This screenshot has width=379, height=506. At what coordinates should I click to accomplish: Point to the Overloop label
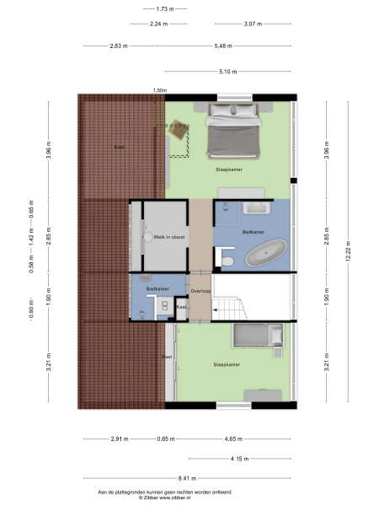200,291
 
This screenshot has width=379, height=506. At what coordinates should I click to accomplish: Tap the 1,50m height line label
159,90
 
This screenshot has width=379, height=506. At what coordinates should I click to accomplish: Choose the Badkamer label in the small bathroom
157,289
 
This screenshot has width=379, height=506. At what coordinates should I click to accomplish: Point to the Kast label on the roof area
120,147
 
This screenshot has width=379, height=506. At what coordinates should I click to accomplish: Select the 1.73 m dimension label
165,8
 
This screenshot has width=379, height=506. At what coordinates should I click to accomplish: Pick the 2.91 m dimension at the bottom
117,439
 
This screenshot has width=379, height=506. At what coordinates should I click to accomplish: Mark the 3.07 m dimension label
254,24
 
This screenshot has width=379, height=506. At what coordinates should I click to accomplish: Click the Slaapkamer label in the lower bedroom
227,364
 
